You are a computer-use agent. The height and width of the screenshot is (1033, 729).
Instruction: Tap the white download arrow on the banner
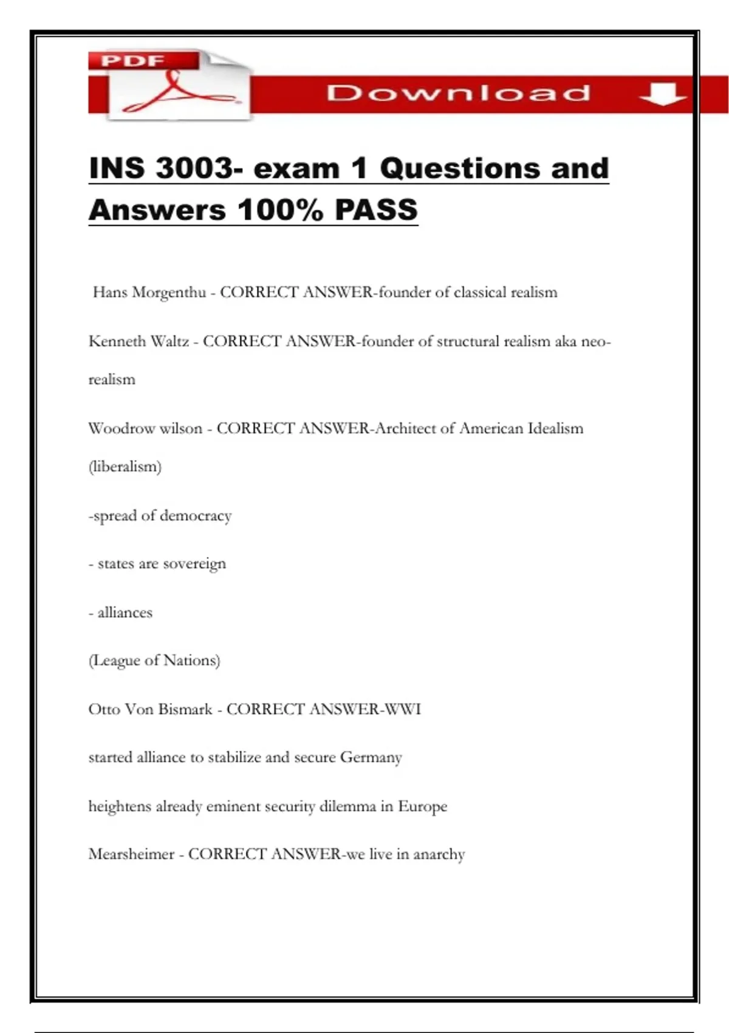[x=662, y=94]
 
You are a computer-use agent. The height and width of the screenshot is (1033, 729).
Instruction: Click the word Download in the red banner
[x=458, y=93]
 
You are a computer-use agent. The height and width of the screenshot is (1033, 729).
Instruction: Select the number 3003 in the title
[x=194, y=168]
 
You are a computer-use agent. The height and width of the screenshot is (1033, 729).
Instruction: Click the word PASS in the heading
[x=376, y=210]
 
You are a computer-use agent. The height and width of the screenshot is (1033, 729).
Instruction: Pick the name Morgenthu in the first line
[x=169, y=293]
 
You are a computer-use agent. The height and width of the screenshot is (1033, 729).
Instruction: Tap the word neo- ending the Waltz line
[x=595, y=341]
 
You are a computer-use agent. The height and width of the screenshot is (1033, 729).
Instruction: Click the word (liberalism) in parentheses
[x=125, y=467]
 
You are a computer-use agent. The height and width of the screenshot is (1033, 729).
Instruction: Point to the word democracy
[x=195, y=516]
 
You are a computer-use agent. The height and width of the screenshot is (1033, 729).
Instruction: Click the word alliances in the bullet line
[x=125, y=613]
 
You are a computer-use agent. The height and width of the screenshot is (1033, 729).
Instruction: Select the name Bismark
[x=183, y=709]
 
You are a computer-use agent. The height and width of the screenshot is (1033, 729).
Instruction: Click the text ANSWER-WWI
[x=364, y=709]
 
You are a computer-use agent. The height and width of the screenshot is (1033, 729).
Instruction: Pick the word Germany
[x=371, y=758]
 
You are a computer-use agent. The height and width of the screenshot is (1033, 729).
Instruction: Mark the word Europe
[x=422, y=806]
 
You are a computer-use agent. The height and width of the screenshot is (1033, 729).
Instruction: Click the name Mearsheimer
[x=131, y=854]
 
